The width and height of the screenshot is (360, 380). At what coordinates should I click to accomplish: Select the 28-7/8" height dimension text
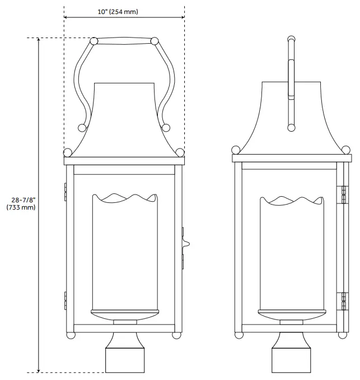click(22, 200)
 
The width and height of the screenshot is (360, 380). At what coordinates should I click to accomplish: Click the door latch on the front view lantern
click(186, 243)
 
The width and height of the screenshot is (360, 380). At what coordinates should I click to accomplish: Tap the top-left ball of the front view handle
click(93, 41)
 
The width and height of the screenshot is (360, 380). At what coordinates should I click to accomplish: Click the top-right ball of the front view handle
click(155, 41)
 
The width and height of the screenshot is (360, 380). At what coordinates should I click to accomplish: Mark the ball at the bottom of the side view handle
click(291, 128)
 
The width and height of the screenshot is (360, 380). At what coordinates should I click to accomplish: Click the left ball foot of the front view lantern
click(71, 335)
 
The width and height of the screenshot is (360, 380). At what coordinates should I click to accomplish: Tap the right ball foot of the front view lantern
click(177, 335)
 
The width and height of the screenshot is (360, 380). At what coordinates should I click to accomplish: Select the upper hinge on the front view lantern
click(66, 191)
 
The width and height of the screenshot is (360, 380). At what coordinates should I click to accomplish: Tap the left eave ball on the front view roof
click(68, 152)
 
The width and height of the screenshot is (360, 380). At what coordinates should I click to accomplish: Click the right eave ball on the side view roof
click(347, 149)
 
